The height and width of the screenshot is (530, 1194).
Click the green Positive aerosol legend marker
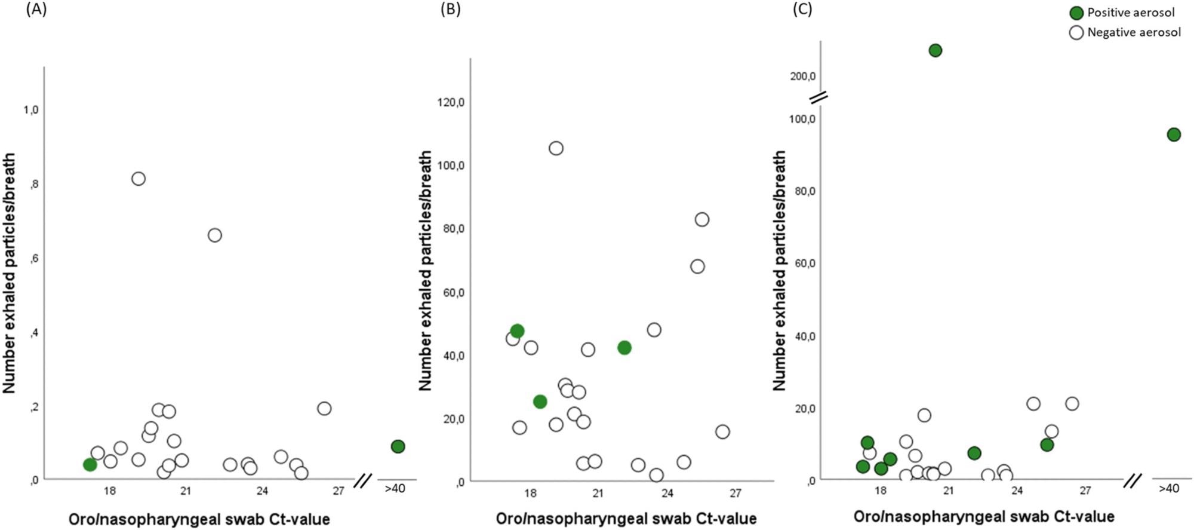1076,13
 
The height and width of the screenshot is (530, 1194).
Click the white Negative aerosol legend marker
1076,33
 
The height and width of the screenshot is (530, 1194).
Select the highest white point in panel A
139,179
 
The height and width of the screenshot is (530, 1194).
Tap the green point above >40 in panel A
398,446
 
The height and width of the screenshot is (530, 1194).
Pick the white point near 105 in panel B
556,148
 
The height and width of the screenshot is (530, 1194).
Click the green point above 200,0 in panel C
935,50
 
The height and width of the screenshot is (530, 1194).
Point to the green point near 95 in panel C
1174,134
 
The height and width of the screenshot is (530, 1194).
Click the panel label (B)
450,10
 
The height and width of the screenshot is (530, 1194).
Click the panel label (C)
802,10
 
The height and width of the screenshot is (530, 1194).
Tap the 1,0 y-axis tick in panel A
31,110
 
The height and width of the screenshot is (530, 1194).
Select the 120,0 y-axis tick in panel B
451,102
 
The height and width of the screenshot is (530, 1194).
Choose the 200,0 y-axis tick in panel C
802,76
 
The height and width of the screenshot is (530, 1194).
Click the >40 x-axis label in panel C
1168,488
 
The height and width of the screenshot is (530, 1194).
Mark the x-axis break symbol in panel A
362,480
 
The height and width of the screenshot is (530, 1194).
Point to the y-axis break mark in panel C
818,97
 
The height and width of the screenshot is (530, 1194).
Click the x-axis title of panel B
626,518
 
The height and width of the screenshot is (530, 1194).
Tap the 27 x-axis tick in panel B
736,493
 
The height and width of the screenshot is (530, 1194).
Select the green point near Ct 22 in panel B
624,348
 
